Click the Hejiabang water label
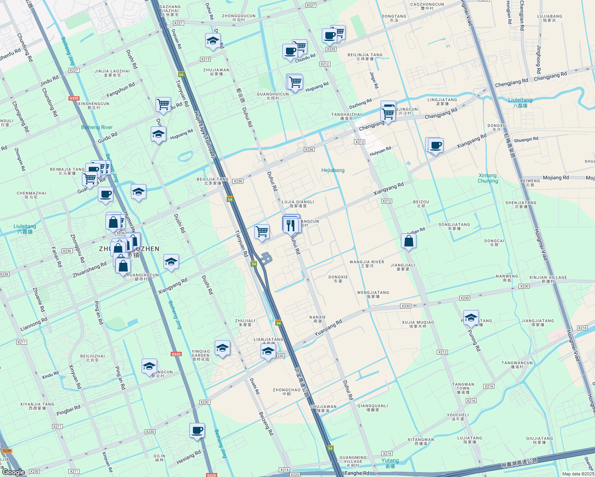[x=333, y=170]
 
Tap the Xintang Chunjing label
[x=488, y=178]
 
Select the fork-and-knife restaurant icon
[x=291, y=225]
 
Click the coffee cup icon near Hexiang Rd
[x=197, y=430]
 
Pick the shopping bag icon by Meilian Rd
[x=408, y=241]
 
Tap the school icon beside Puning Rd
[x=471, y=318]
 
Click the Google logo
[x=13, y=472]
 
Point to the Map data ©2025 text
[x=578, y=474]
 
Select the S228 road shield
[x=7, y=451]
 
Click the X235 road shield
[x=331, y=49]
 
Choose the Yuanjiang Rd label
[x=328, y=328]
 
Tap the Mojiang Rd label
[x=556, y=178]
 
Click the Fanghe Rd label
[x=357, y=473]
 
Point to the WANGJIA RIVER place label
[x=367, y=264]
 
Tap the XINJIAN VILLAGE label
[x=548, y=279]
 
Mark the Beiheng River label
[x=97, y=127]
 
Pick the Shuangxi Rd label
[x=526, y=140]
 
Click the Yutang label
[x=390, y=463]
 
